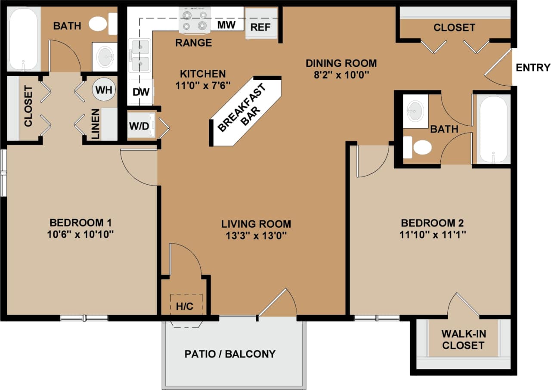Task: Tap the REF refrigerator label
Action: pos(260,28)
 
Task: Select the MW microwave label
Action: pos(226,25)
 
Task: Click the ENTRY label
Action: pos(533,68)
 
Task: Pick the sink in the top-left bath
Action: pos(105,56)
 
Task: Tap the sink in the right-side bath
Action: pos(415,111)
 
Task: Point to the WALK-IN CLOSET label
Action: pos(463,340)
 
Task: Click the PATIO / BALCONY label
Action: pos(230,354)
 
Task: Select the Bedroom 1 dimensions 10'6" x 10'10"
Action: pos(81,235)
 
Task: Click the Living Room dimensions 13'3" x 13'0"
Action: pos(256,236)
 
